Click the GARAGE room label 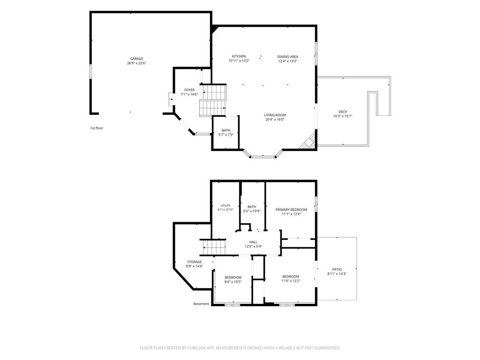point(136,59)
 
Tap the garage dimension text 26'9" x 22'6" point(136,63)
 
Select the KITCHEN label point(239,56)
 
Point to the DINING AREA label point(288,57)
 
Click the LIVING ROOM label point(275,115)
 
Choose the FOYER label point(189,90)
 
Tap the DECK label point(343,112)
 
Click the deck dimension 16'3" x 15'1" point(343,116)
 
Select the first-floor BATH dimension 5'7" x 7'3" point(226,135)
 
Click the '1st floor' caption point(97,128)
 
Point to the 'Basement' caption point(201,304)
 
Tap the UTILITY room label point(225,206)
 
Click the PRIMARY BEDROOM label point(291,210)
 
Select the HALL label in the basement point(253,242)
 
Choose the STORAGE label point(195,262)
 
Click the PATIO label point(337,270)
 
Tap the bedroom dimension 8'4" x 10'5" point(233,282)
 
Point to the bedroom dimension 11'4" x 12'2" point(291,281)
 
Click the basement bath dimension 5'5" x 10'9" point(252,211)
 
